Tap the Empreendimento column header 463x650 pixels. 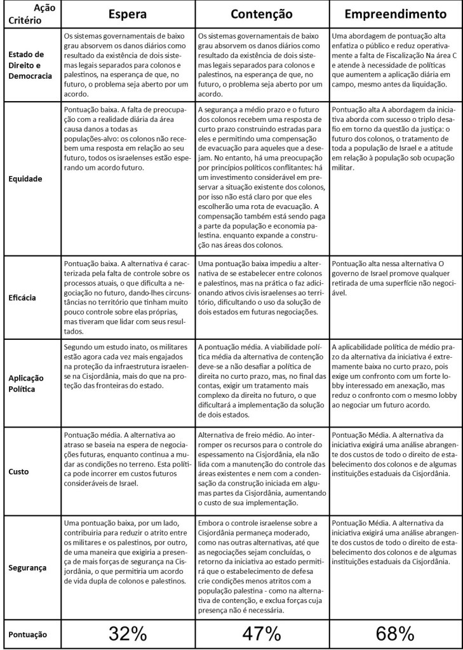point(394,14)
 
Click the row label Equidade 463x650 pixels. point(25,179)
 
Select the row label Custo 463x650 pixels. point(19,472)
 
